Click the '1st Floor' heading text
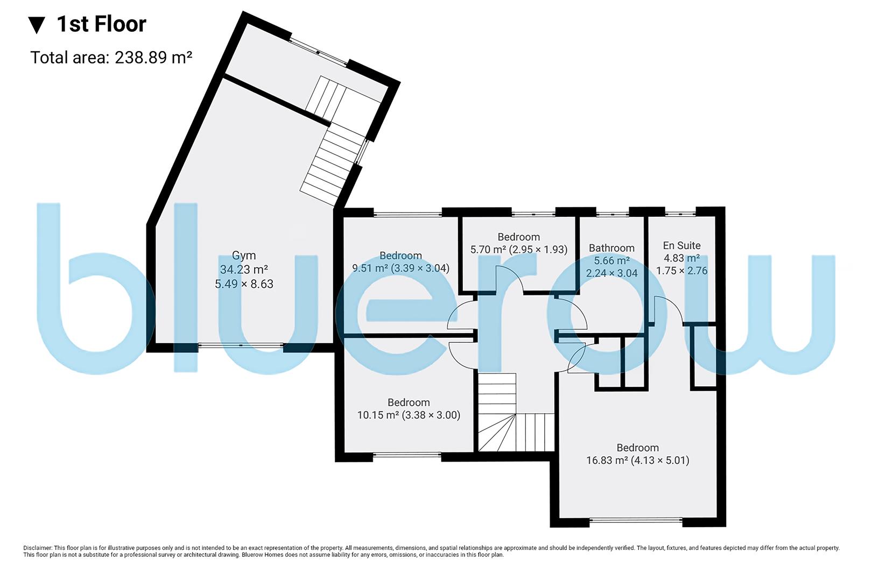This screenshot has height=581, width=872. point(101,24)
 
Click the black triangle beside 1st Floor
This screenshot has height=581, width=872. point(37,25)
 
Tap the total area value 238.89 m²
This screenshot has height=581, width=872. point(153,58)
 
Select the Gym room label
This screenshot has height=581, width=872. point(244,256)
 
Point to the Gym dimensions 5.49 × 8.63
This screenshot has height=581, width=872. point(244,284)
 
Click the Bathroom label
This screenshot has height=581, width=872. point(611,248)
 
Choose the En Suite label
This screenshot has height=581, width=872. point(681,245)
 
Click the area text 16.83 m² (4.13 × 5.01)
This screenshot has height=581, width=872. point(637,460)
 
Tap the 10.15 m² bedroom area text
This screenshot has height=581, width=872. point(409,415)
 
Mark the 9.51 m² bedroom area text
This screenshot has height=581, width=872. point(400,268)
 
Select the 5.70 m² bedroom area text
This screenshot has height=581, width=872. point(518,250)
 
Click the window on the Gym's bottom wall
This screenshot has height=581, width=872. point(241,345)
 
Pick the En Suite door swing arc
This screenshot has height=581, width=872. point(667,309)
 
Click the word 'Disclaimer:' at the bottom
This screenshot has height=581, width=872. point(37,548)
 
